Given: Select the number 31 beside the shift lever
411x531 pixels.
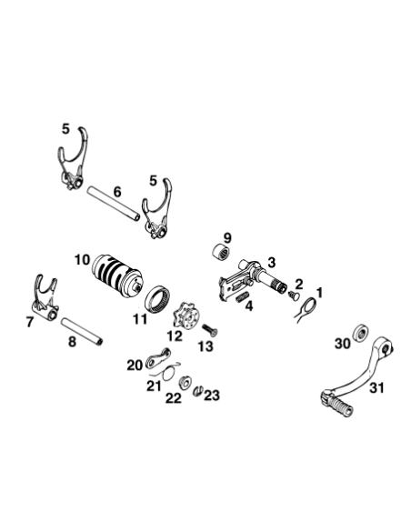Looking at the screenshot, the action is tap(376, 387).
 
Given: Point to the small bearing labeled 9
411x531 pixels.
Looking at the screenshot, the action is tap(221, 252).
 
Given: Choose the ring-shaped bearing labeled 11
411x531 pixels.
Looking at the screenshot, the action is tap(158, 297).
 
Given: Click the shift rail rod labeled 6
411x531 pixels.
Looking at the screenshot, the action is tap(113, 203).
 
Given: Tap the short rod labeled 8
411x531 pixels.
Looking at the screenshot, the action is tap(82, 331).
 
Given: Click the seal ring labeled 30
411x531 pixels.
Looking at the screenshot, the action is tap(361, 333).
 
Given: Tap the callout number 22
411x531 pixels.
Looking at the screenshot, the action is tap(174, 398).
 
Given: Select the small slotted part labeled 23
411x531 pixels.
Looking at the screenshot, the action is tap(198, 391).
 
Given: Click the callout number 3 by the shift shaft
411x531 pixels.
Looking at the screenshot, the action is tap(272, 263).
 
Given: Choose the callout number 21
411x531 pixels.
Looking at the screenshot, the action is tap(154, 386).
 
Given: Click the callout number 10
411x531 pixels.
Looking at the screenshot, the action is tap(82, 260).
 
